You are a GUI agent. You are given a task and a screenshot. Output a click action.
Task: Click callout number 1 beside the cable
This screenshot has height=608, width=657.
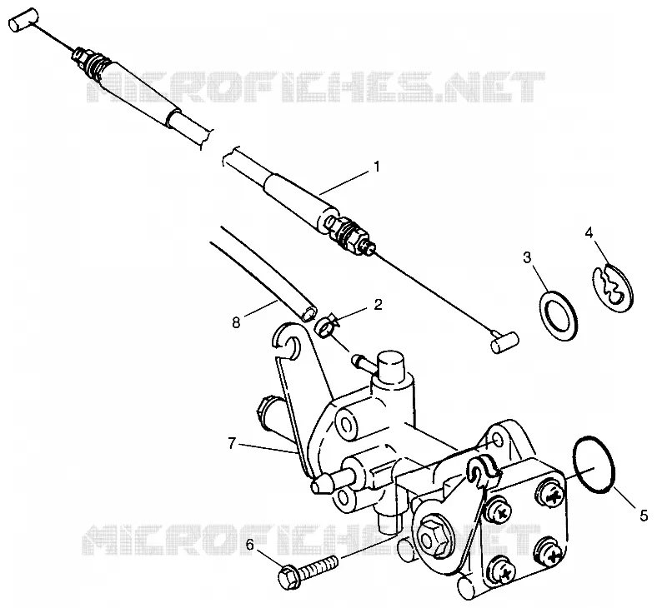pyautogui.click(x=377, y=167)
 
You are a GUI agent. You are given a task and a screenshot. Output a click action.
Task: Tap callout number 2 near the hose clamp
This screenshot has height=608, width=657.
pyautogui.click(x=378, y=304)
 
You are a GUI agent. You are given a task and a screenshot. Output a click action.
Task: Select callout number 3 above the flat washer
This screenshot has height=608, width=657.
pyautogui.click(x=527, y=257)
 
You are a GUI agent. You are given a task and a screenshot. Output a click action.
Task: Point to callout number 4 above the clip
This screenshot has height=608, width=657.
pyautogui.click(x=589, y=232)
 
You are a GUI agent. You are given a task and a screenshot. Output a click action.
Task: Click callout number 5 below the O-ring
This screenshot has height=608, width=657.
pyautogui.click(x=644, y=515)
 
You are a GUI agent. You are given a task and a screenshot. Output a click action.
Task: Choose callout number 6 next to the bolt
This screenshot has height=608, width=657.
pyautogui.click(x=250, y=545)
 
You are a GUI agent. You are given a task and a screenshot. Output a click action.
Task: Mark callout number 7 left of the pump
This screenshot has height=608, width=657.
pyautogui.click(x=232, y=443)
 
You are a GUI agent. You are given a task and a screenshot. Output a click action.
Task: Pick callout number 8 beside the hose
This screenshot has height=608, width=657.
pyautogui.click(x=236, y=322)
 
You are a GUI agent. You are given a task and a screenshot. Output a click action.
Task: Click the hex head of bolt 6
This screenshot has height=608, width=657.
pyautogui.click(x=288, y=576)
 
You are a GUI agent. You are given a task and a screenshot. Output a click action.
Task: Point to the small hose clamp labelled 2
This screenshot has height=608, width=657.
pyautogui.click(x=327, y=325)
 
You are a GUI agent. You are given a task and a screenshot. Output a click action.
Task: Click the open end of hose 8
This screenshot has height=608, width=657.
pyautogui.click(x=309, y=314)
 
